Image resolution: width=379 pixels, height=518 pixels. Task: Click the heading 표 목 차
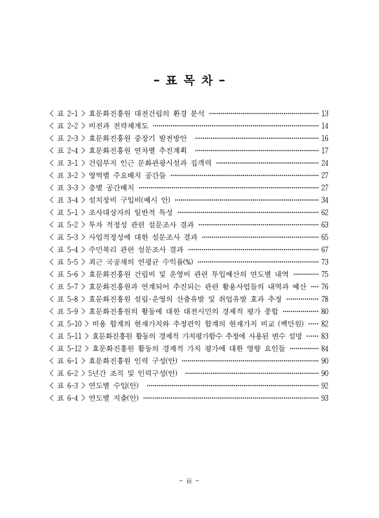click(189, 82)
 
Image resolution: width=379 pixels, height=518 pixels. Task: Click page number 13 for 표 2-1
click(325, 113)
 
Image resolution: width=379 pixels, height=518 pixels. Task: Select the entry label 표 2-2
click(67, 126)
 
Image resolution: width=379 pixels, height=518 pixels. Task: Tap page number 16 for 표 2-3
click(325, 138)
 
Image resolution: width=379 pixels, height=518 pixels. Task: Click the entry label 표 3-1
click(67, 163)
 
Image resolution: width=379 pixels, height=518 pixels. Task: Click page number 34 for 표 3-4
click(325, 199)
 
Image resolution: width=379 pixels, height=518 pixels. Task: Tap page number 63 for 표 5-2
click(325, 224)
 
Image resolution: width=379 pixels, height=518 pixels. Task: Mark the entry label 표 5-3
click(67, 236)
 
